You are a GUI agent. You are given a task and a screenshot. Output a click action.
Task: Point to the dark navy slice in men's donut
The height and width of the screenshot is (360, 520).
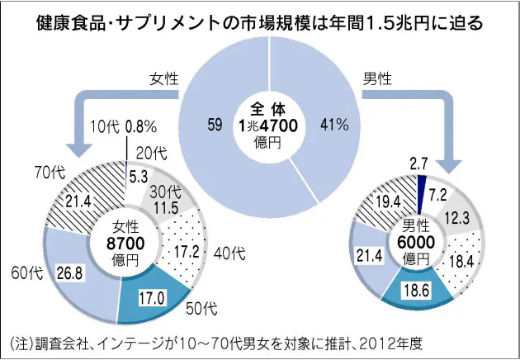[x=421, y=188]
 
